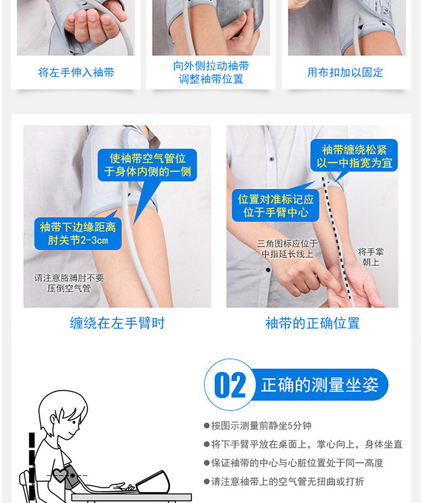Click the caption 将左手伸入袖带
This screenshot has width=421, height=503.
[x=76, y=72]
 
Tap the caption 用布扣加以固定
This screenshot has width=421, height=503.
[x=345, y=72]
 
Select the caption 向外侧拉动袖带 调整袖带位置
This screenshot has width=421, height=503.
[x=211, y=72]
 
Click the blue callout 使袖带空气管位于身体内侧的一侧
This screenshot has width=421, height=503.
[x=148, y=165]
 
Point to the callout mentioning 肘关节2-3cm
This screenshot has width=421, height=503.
[x=78, y=234]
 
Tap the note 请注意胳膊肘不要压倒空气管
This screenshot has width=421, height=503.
[x=69, y=283]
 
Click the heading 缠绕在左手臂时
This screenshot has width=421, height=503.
[x=117, y=323]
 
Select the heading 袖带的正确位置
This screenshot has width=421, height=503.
[x=313, y=323]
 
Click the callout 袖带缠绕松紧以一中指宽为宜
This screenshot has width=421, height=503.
[x=354, y=156]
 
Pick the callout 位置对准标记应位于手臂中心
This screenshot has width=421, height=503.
[x=276, y=206]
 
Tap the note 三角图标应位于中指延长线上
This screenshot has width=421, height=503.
[x=287, y=249]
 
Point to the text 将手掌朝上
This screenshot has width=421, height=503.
[x=371, y=257]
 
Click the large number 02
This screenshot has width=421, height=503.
[x=230, y=385]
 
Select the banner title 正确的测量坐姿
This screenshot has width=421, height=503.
[x=320, y=385]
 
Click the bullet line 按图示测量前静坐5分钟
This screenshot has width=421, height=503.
[x=258, y=426]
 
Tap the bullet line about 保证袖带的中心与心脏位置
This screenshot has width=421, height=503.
[x=294, y=463]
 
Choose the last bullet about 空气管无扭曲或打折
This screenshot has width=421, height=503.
[x=284, y=482]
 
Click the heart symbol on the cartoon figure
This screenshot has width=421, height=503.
[x=60, y=475]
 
